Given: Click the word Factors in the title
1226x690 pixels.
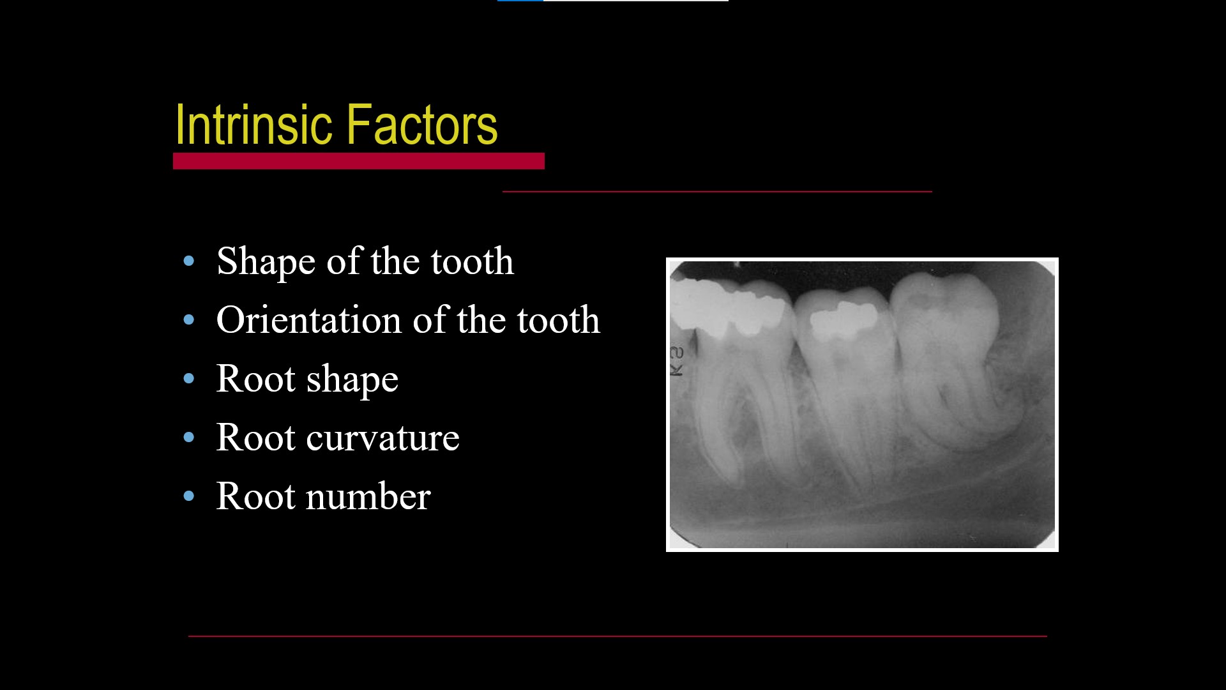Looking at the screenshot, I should [421, 125].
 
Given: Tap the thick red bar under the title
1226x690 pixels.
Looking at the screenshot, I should [358, 161].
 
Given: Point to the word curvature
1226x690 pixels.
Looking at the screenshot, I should [382, 438].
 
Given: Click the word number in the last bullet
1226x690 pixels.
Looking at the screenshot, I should [368, 497].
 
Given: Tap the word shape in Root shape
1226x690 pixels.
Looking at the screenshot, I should [352, 380].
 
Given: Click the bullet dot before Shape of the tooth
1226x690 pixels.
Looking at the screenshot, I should [188, 261].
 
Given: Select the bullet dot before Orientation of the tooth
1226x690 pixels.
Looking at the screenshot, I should [188, 319].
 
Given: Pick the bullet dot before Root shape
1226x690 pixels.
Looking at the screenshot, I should [188, 378].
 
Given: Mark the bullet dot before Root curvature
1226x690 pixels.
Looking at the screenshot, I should [188, 438].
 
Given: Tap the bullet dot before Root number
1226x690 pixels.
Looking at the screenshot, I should [188, 496].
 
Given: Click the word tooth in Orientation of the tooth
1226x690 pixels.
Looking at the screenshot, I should [558, 320].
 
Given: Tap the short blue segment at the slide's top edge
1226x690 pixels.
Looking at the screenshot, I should [520, 1].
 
